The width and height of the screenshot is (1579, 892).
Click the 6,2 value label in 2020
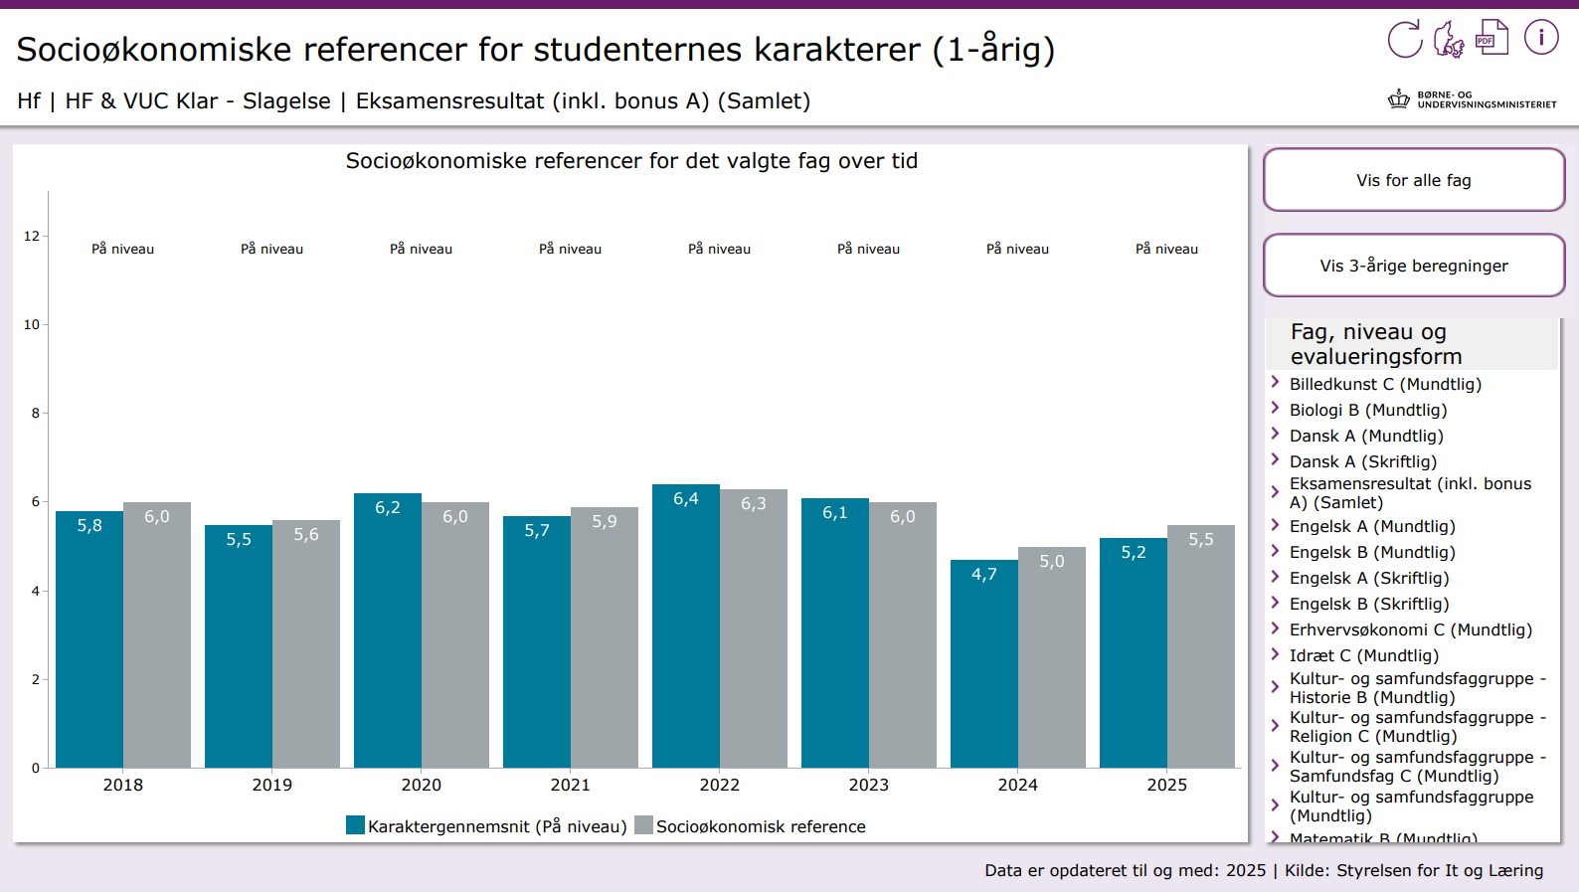click(x=388, y=508)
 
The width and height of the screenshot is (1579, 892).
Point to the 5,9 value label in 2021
click(x=605, y=522)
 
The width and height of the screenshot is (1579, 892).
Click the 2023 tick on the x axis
click(x=868, y=785)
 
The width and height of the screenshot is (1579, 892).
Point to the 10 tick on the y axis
click(x=32, y=324)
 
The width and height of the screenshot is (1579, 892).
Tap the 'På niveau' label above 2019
click(x=271, y=249)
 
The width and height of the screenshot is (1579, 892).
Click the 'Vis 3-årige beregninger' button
click(x=1413, y=266)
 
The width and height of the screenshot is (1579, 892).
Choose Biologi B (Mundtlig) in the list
click(x=1367, y=410)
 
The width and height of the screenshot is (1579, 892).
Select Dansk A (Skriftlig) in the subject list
click(x=1362, y=461)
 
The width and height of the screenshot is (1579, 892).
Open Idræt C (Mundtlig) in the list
click(x=1363, y=655)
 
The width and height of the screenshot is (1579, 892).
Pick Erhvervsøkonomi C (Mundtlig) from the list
click(x=1410, y=629)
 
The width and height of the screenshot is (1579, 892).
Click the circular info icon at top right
click(x=1541, y=38)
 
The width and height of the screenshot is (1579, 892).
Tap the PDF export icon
click(x=1491, y=38)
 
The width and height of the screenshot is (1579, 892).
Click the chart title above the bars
click(x=631, y=161)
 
